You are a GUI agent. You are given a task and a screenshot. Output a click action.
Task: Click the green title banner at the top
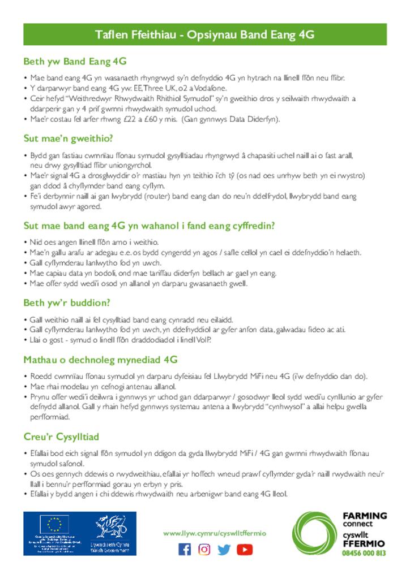tap(204, 34)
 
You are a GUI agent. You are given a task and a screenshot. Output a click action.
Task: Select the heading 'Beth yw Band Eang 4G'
tap(75, 61)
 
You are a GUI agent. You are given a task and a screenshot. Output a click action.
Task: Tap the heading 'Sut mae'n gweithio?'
tap(69, 138)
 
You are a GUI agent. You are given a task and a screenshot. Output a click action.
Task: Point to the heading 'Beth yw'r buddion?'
tap(67, 303)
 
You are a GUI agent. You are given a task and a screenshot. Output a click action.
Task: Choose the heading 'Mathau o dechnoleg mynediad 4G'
tap(100, 360)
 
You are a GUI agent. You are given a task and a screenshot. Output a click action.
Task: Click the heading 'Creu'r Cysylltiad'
tap(61, 437)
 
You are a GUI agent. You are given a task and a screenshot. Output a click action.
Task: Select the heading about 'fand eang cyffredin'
tap(149, 226)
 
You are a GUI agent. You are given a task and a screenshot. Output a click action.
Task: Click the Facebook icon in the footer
tap(185, 549)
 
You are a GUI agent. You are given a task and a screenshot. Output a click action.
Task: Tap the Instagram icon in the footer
tap(204, 549)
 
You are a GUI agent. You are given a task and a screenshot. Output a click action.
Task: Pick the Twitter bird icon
tap(224, 549)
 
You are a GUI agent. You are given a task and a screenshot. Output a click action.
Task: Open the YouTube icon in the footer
tap(245, 549)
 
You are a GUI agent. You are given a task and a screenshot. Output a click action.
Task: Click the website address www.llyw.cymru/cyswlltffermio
tap(214, 533)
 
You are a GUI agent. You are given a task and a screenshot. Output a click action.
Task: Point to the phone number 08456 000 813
tap(364, 553)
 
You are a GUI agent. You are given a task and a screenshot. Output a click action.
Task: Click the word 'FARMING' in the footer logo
tap(365, 516)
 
